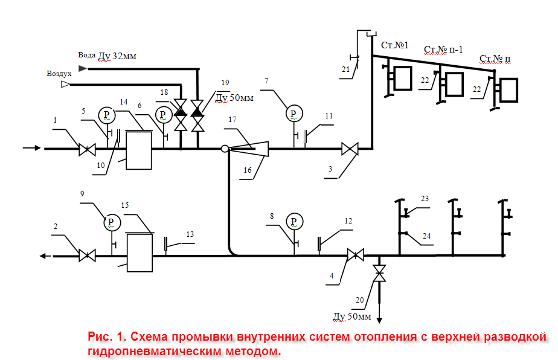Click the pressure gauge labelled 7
point(294,113)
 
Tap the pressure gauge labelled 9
point(111,222)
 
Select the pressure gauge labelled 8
point(294,222)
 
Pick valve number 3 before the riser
point(350,148)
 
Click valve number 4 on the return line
point(355,256)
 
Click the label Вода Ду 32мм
point(107,56)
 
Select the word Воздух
point(59,74)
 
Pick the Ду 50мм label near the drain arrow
point(353,316)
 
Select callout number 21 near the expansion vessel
point(345,70)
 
